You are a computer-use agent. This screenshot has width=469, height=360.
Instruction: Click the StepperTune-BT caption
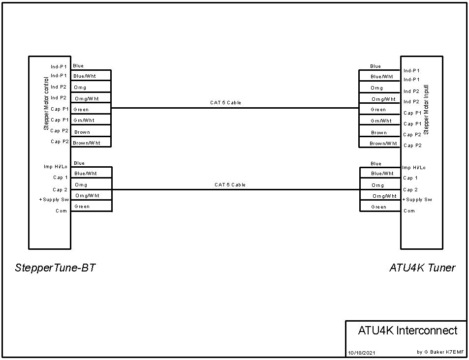pos(55,268)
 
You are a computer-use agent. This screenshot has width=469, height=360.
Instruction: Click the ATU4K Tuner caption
pos(422,268)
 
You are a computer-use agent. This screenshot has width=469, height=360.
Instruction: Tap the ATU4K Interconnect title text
pos(407,330)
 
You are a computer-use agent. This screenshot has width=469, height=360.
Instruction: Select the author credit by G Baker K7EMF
pos(440,352)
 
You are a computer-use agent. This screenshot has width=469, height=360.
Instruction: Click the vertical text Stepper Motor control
pos(47,103)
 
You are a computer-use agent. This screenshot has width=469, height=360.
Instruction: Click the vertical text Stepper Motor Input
pos(427,109)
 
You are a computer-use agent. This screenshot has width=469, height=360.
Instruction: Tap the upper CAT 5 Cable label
pos(225,103)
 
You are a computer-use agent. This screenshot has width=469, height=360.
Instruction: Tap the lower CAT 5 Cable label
pos(230,185)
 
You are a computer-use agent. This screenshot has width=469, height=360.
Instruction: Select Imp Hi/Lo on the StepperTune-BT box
pos(56,167)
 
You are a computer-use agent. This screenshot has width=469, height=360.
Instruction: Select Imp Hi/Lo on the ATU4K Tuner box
pos(414,168)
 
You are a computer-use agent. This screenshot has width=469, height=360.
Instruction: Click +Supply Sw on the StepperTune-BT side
pos(54,200)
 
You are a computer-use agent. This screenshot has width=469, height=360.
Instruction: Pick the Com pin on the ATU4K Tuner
pos(409,211)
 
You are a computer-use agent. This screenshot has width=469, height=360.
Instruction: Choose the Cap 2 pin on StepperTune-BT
pos(60,189)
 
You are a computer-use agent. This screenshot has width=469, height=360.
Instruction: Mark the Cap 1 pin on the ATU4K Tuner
pos(410,178)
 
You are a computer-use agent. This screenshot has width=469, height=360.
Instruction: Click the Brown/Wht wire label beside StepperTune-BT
pos(87,143)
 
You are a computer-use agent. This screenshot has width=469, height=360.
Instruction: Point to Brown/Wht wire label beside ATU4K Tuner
pos(383,144)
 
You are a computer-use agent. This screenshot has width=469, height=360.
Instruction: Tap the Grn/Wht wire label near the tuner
pos(381,120)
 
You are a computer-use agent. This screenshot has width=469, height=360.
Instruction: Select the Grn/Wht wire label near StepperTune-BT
pos(84,120)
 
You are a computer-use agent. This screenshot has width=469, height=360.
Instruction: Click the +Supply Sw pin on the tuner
pos(417,200)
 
